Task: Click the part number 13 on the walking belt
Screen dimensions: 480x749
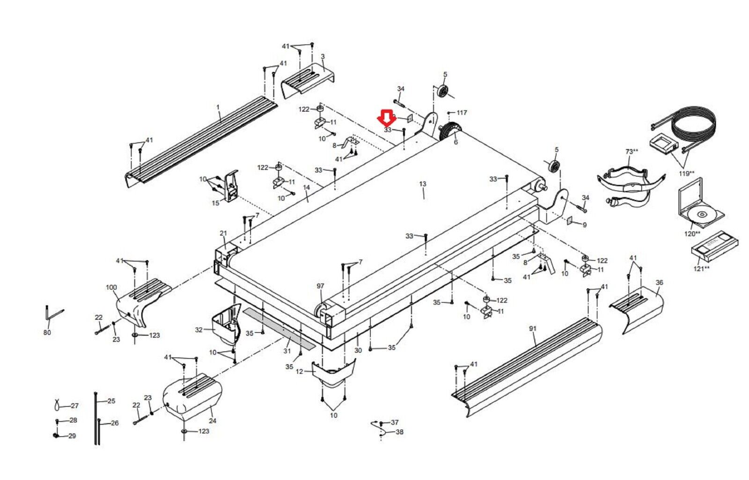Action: tap(422, 184)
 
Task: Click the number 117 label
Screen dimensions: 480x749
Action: tap(462, 113)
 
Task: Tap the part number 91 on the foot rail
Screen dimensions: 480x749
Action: tap(532, 329)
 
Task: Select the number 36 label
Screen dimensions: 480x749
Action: tap(659, 283)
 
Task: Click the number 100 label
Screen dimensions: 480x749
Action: tap(111, 287)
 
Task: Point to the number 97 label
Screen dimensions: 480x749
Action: tap(320, 286)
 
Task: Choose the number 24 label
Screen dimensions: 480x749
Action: tap(213, 421)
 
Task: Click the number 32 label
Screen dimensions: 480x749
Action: tap(199, 330)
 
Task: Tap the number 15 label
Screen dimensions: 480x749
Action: tap(215, 203)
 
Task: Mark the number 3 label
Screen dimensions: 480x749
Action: tap(323, 57)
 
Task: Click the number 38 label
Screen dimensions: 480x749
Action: tap(399, 432)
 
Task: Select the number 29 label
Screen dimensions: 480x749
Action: tap(72, 436)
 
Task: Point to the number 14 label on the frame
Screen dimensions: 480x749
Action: tap(307, 188)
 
